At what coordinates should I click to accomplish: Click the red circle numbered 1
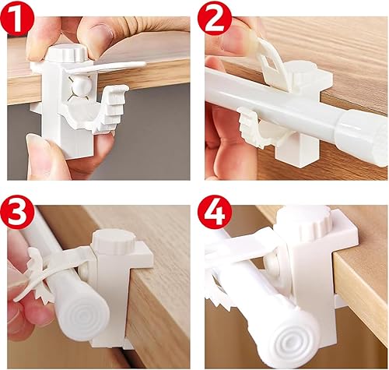point(17,18)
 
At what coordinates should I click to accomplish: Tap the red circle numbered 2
point(215,18)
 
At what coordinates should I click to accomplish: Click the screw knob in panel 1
point(69,53)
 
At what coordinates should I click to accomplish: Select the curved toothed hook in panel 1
point(103,111)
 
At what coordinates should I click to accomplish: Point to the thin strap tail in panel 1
point(107,67)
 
